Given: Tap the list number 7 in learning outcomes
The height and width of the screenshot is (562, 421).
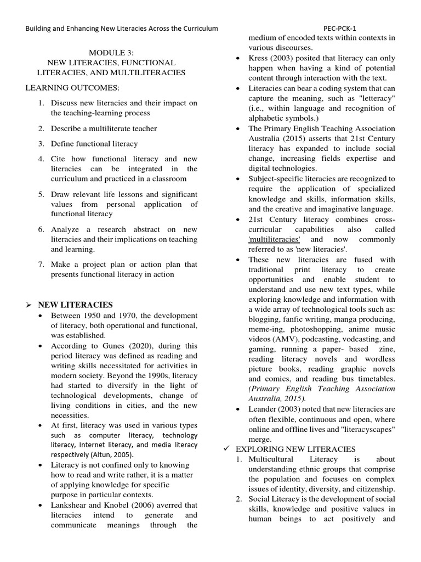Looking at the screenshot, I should pyautogui.click(x=41, y=264).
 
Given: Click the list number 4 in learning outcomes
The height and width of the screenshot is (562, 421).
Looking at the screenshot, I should pyautogui.click(x=41, y=159).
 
